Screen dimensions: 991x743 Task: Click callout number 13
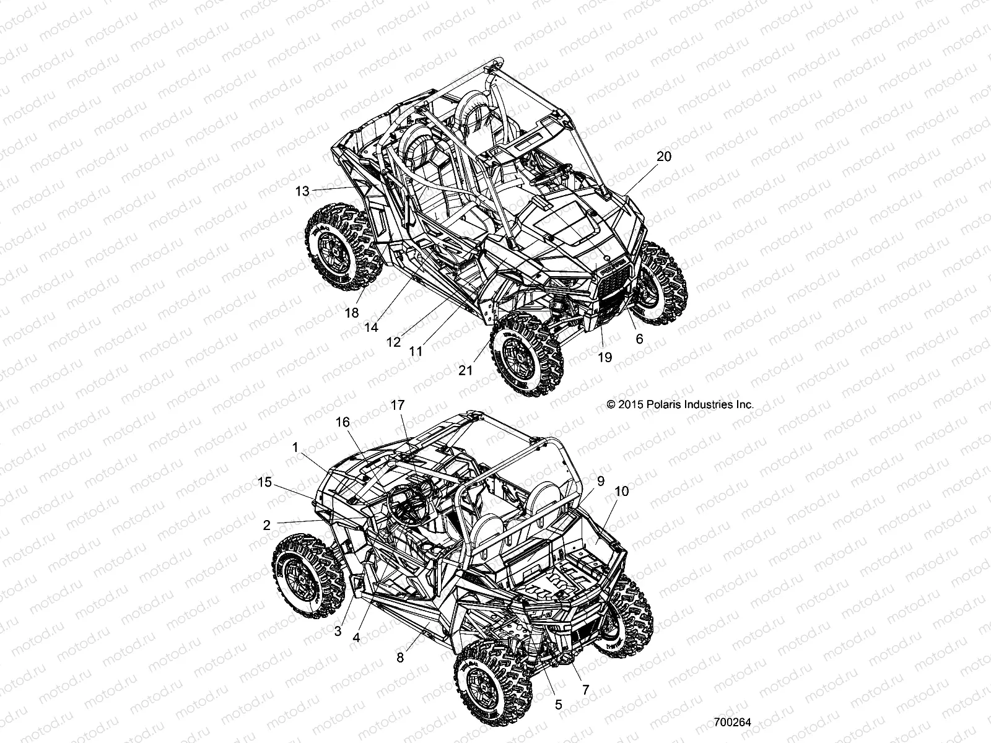coord(302,192)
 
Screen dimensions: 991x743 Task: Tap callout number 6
coord(639,339)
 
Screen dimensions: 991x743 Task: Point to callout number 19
coord(605,357)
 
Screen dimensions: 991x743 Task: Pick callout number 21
coord(465,370)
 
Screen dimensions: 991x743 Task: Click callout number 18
coord(351,313)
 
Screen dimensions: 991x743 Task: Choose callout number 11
coord(416,351)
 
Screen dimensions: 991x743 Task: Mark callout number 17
coord(397,406)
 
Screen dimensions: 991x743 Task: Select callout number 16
coord(343,422)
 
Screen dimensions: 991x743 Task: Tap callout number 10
coord(621,491)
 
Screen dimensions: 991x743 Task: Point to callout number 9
coord(600,480)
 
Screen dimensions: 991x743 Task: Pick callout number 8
coord(400,658)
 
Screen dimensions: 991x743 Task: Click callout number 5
coord(558,704)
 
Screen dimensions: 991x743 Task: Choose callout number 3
coord(338,632)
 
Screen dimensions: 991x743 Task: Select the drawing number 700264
coord(732,723)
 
